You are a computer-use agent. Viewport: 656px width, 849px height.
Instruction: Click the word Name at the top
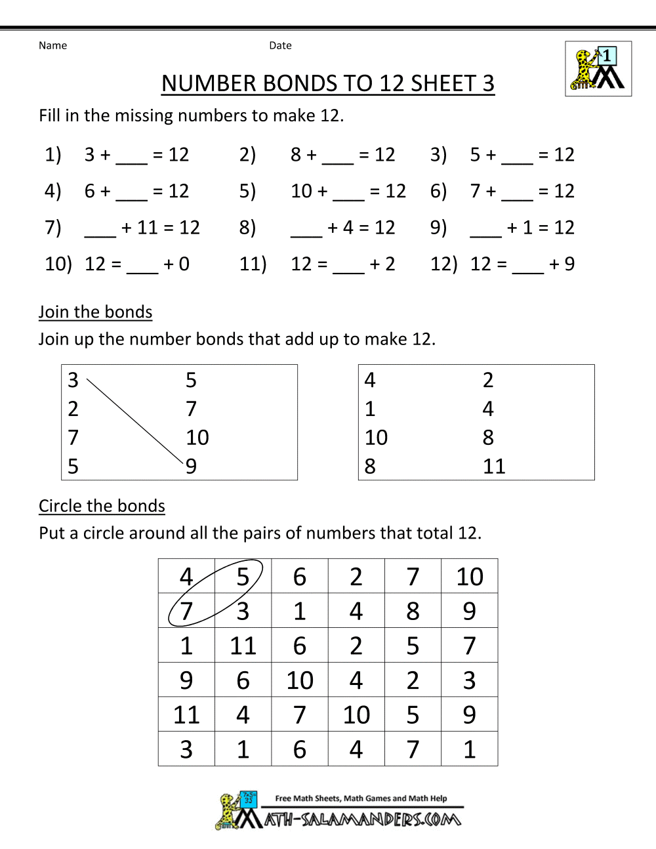point(52,45)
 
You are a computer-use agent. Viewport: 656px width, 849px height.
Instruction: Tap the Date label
point(280,45)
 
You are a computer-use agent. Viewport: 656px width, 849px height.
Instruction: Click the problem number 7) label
point(53,227)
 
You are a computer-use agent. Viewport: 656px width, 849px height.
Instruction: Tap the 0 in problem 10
point(184,264)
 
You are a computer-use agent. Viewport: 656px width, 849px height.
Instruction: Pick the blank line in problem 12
point(528,272)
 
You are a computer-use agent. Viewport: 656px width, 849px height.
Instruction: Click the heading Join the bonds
point(95,312)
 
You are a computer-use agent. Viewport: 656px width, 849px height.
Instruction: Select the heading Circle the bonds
point(102,506)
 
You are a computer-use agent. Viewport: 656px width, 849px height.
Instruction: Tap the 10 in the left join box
point(197,438)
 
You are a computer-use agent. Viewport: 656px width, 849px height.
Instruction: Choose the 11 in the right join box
point(494,466)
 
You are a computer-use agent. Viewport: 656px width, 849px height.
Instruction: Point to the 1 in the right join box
point(370,409)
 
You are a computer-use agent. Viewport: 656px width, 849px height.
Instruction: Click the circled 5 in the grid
point(243,577)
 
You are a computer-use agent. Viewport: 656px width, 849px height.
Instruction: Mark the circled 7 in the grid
point(186,611)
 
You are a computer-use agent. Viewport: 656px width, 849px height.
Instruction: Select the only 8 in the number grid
point(413,611)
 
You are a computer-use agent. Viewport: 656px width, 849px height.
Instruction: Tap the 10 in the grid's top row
point(470,577)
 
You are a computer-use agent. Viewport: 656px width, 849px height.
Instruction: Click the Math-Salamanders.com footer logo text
point(363,819)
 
